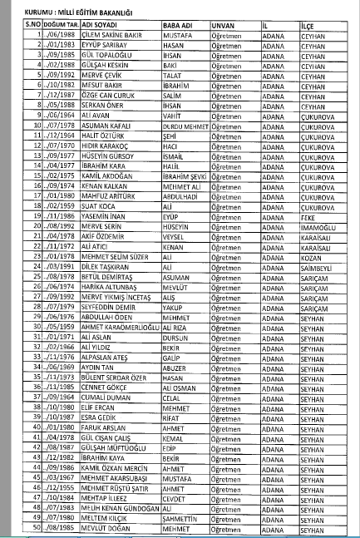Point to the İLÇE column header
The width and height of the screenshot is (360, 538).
point(310,24)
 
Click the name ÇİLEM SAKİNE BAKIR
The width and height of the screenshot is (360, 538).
point(86,34)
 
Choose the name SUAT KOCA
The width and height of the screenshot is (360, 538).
point(76,203)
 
